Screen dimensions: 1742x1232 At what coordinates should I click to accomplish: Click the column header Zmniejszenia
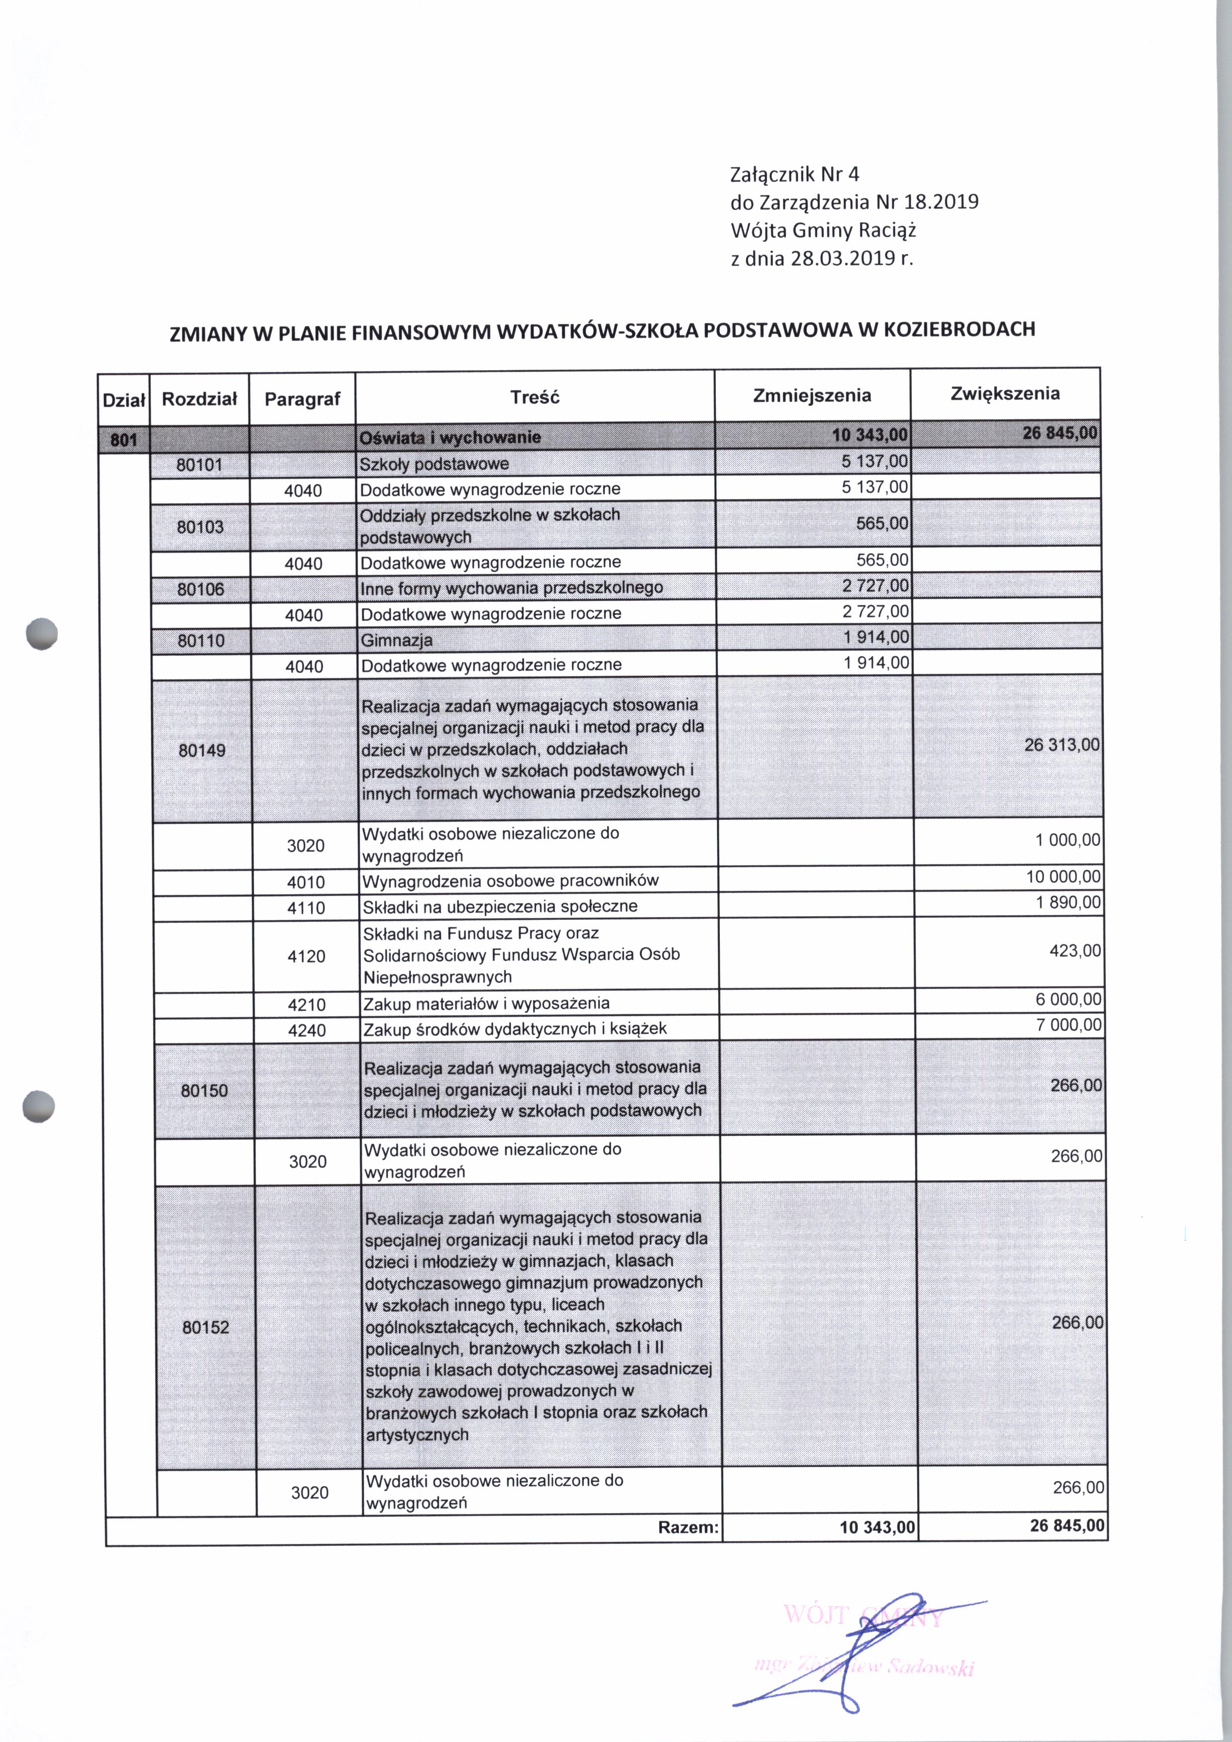click(812, 395)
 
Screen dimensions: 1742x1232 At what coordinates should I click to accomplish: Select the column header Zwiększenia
click(1004, 393)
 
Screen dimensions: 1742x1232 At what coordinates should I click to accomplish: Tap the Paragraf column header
click(302, 399)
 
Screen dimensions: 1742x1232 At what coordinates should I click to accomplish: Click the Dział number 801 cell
click(124, 439)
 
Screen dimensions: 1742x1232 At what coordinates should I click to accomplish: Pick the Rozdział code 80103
click(200, 527)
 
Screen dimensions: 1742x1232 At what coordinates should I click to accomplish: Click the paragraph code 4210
click(307, 1004)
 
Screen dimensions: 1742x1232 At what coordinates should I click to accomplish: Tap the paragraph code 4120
click(307, 956)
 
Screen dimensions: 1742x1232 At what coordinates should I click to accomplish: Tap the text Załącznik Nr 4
click(794, 174)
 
